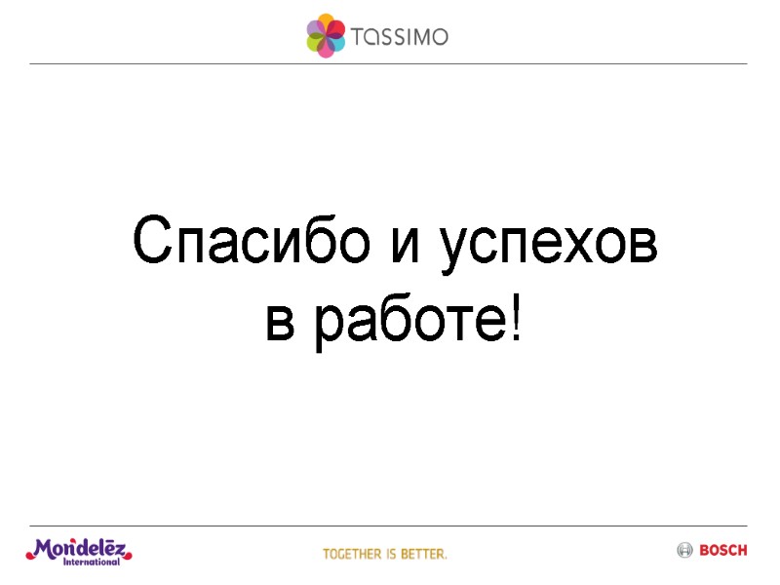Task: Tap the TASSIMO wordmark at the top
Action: click(402, 37)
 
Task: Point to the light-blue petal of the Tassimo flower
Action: click(334, 44)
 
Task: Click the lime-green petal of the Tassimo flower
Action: click(316, 43)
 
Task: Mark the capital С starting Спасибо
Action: click(154, 242)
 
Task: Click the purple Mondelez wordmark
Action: click(78, 548)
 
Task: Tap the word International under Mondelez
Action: click(92, 562)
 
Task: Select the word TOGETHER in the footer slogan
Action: click(352, 554)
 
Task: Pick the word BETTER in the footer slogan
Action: click(423, 554)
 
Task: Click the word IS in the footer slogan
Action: click(390, 554)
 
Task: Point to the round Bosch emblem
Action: click(684, 551)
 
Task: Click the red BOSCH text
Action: click(723, 551)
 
